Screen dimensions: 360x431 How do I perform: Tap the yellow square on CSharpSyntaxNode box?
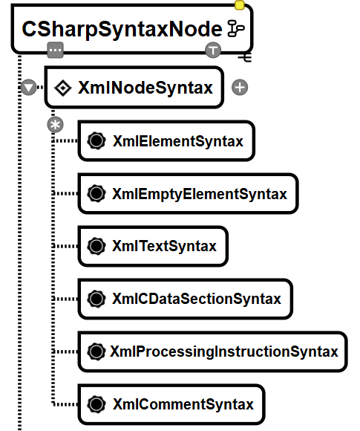pos(240,5)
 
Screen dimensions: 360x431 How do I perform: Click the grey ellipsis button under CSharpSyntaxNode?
pos(55,51)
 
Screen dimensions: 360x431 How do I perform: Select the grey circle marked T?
pos(213,51)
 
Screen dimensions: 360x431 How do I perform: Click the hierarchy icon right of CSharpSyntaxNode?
pos(236,28)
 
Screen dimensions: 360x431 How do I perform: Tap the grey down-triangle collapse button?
pos(28,88)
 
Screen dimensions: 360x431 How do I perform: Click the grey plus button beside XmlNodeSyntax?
pos(240,88)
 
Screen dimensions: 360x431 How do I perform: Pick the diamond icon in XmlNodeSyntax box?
pos(63,88)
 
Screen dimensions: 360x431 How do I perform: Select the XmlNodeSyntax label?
pos(145,88)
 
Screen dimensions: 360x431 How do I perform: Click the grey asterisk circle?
pos(55,125)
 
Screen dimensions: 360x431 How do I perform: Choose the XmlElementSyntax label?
pos(178,141)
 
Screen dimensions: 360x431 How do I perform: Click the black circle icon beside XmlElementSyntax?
pos(96,141)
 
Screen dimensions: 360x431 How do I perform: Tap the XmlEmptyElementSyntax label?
pos(200,194)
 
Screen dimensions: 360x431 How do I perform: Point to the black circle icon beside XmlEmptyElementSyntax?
pos(96,193)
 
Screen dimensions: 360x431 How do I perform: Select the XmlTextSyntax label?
pos(165,246)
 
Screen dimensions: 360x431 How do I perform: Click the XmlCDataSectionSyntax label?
pos(197,299)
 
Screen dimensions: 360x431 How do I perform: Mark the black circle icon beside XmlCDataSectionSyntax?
pos(96,299)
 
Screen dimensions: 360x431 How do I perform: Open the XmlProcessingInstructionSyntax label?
pos(224,351)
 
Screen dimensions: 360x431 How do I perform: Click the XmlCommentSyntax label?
pos(183,404)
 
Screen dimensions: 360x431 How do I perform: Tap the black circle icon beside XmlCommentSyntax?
pos(96,404)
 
